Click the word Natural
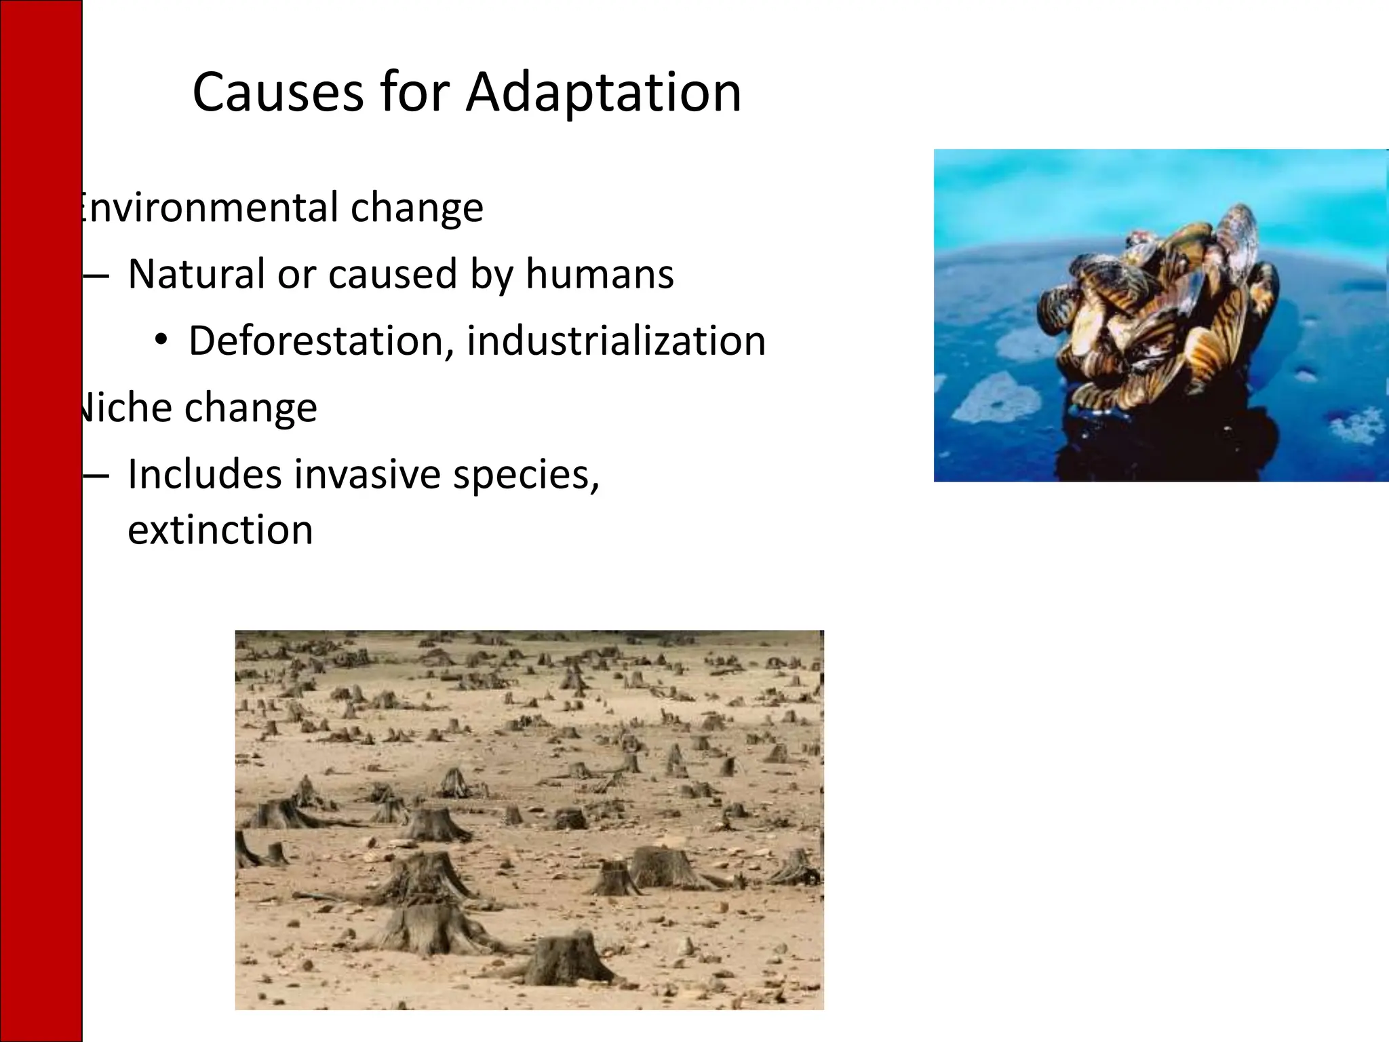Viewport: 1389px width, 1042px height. click(196, 274)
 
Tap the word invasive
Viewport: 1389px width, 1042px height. click(367, 474)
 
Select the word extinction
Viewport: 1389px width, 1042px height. click(220, 530)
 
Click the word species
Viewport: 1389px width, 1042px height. click(526, 474)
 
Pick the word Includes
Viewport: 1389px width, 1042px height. click(204, 474)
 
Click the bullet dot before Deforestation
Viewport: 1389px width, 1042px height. click(161, 340)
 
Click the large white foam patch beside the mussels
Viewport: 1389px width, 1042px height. click(997, 397)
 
